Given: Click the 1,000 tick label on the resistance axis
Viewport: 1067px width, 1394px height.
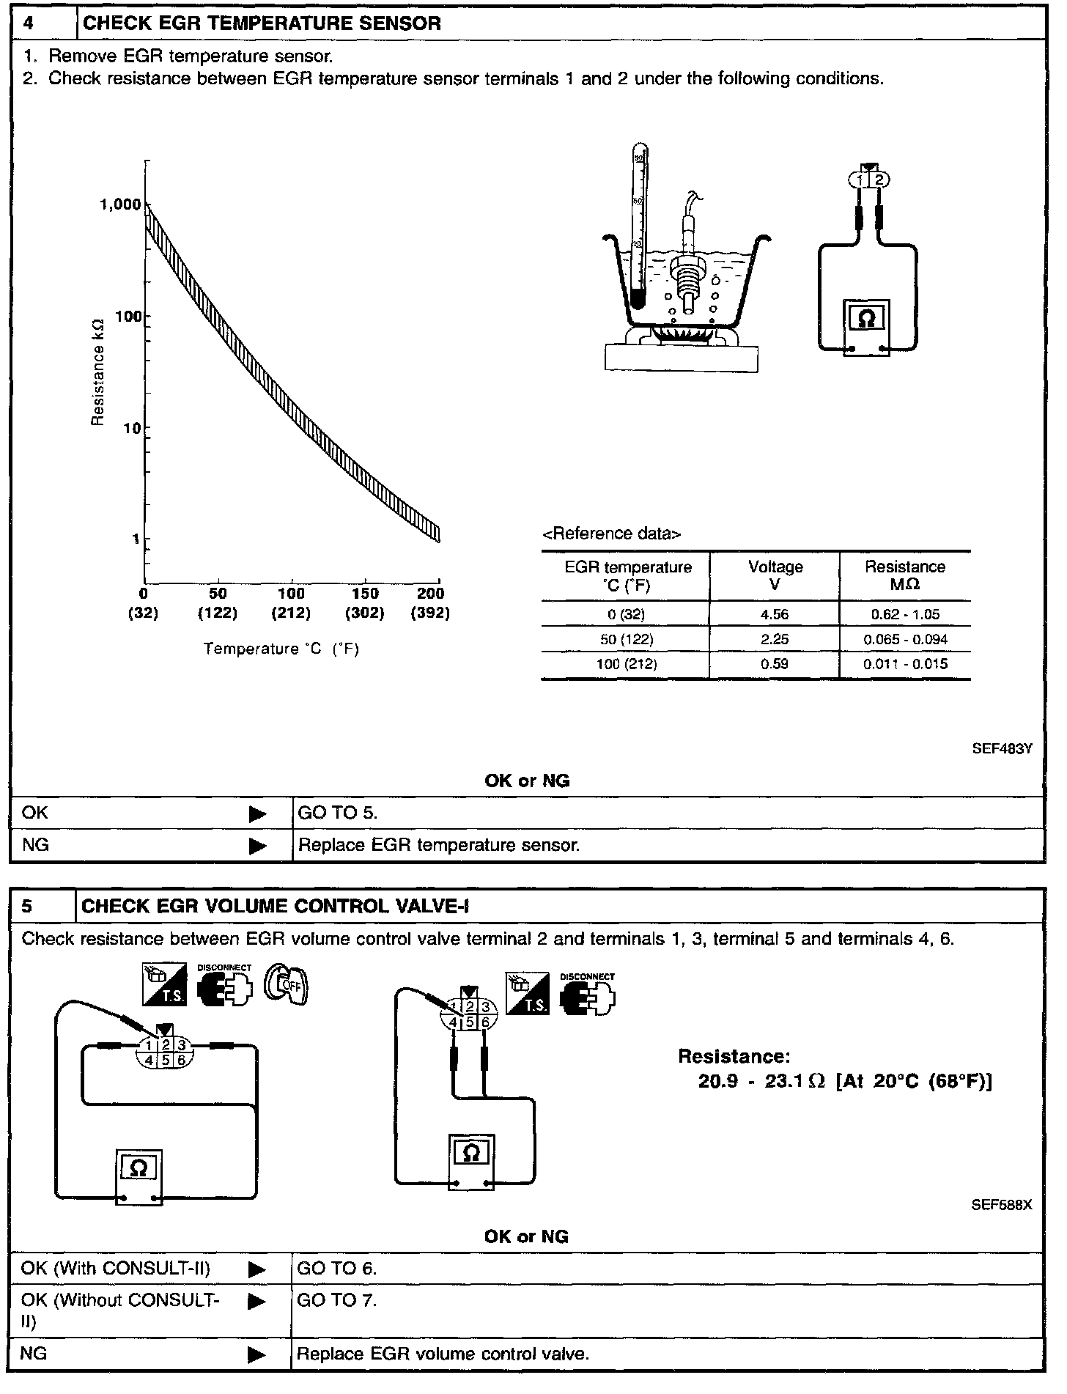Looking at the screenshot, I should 120,204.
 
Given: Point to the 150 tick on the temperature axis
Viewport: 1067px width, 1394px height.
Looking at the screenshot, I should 366,594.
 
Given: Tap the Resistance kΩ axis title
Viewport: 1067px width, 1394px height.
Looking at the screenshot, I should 98,375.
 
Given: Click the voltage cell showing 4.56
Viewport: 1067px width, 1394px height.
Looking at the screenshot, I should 775,614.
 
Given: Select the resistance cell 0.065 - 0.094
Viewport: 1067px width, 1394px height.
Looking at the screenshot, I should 905,639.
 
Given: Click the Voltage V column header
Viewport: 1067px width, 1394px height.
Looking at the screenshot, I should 775,575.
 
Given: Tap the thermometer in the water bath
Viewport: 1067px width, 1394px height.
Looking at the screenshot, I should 638,227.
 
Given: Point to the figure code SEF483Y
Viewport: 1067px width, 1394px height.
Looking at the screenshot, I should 1003,748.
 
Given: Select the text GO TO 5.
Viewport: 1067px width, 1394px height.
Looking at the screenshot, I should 337,813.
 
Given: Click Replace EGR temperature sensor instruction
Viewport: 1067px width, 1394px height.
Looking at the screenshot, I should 439,845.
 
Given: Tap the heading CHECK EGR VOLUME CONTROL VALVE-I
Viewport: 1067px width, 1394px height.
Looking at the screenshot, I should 275,907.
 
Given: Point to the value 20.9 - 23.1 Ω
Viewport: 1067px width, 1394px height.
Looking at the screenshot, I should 762,1082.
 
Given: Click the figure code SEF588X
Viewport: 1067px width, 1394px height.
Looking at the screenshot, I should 1002,1204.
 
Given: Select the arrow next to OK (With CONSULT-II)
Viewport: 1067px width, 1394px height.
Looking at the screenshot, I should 257,1269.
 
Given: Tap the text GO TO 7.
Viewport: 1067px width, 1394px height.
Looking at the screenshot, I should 337,1301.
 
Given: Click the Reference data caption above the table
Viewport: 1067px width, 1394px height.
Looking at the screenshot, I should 611,534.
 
